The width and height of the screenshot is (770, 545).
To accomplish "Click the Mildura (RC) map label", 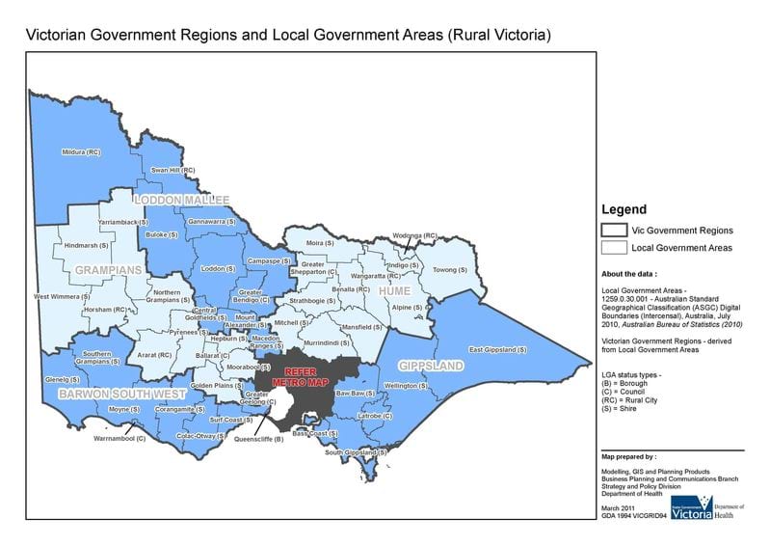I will (80, 152).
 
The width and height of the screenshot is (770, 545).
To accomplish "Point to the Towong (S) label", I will (449, 270).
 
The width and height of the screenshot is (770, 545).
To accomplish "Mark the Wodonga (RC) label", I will (414, 235).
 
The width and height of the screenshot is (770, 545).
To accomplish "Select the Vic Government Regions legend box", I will (614, 230).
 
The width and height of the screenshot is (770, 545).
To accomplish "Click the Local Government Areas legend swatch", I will (614, 248).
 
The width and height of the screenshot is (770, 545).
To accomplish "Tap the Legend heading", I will (624, 209).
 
